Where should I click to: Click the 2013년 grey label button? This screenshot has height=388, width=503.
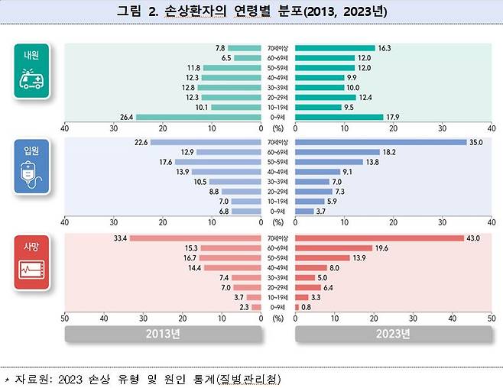click(x=162, y=334)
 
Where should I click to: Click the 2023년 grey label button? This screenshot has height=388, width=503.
click(x=394, y=334)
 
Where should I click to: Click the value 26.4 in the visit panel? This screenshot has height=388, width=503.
click(x=127, y=117)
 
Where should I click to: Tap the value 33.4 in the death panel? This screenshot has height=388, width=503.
click(x=120, y=238)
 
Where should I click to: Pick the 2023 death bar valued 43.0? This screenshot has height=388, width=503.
click(x=379, y=238)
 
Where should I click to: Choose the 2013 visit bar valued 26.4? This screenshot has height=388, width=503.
click(x=198, y=117)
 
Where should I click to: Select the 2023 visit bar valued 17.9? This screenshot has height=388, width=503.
click(x=339, y=117)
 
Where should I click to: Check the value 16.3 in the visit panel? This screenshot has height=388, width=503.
click(x=385, y=47)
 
